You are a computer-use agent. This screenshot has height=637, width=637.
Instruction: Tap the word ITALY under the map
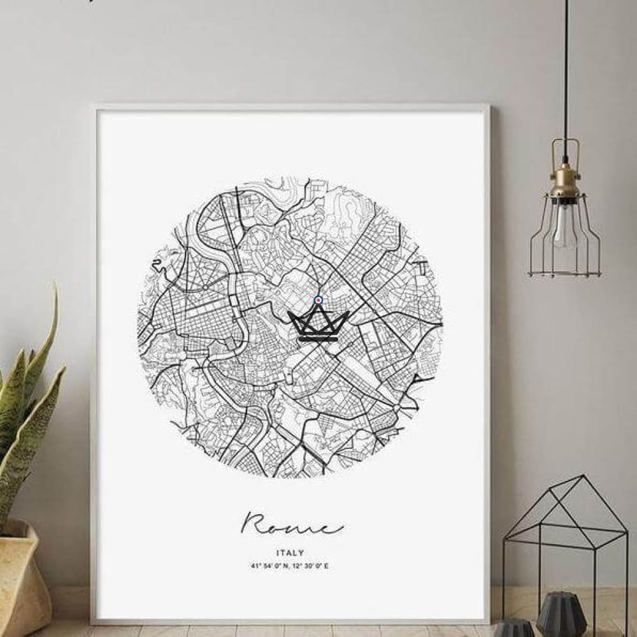tap(290, 554)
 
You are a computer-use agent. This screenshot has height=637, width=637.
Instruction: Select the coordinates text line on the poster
tap(290, 566)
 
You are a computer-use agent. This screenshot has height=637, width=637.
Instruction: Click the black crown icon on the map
tap(318, 325)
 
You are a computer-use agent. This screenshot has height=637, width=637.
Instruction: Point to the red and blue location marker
tap(318, 301)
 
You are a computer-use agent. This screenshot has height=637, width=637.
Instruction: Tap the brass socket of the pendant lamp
tap(564, 182)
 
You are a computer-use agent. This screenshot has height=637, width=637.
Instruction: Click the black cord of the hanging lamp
tap(564, 76)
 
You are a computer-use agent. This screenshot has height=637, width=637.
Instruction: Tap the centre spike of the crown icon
tap(318, 311)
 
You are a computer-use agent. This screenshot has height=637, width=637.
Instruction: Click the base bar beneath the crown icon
tap(318, 339)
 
